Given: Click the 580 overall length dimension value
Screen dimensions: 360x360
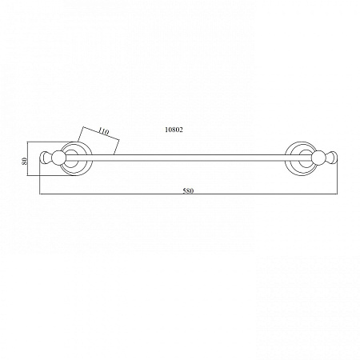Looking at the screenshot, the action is point(188,190).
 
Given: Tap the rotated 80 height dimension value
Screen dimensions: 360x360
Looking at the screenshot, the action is point(25,161).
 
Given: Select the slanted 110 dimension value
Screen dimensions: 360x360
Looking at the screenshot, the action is point(103,131).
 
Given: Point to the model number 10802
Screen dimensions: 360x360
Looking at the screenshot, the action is point(174,130).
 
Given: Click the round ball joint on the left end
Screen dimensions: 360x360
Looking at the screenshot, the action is point(58,157).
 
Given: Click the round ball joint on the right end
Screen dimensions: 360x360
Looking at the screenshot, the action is point(318,157).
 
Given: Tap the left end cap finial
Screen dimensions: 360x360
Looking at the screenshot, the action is point(46,157).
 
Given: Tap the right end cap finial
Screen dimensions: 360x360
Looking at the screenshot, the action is point(331,157).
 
